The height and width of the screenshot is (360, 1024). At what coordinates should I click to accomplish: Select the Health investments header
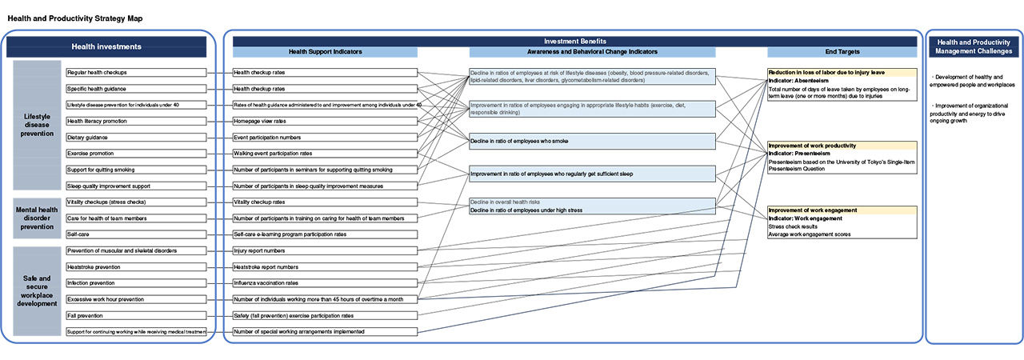coord(106,46)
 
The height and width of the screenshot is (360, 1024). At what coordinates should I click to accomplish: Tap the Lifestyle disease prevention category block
coord(38,125)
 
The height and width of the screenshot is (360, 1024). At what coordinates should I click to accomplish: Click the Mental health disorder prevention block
coord(38,218)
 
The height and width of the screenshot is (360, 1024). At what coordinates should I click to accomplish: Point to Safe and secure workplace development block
coord(38,291)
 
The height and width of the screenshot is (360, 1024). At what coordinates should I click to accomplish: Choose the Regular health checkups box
coord(136,72)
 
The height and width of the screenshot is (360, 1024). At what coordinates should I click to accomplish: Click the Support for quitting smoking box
coord(136,170)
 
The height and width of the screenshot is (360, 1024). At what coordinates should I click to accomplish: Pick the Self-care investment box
coord(136,234)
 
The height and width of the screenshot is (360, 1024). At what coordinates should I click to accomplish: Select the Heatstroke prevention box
coord(136,267)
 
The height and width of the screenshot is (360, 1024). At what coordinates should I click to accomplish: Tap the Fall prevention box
coord(136,315)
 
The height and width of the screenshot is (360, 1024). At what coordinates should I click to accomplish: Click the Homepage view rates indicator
coord(324,121)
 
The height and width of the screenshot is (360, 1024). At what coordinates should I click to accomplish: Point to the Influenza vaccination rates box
coord(324,283)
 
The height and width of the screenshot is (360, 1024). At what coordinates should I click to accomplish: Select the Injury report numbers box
coord(324,250)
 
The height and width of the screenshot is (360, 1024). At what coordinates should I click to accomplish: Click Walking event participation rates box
coord(324,154)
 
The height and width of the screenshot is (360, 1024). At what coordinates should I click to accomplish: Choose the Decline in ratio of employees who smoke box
coord(592,141)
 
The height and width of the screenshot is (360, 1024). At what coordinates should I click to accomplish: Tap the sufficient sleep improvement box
coord(592,174)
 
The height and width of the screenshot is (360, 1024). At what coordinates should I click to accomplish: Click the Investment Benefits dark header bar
coord(570,41)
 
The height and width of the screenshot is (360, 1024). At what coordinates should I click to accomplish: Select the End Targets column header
coord(842,52)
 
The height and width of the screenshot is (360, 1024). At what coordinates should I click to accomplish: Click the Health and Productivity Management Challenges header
coord(974,46)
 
